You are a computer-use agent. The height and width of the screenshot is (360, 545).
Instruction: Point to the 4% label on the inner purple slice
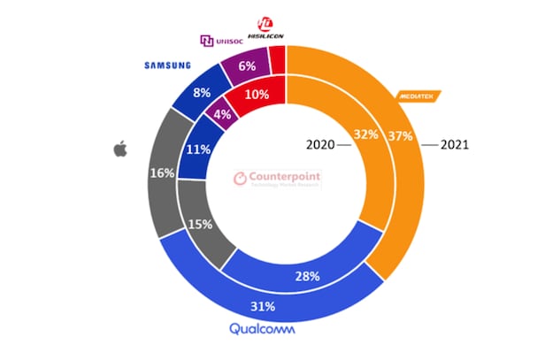[225, 115]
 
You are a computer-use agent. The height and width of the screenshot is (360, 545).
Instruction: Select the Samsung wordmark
[168, 65]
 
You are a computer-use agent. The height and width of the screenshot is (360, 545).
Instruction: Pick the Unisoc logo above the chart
[226, 40]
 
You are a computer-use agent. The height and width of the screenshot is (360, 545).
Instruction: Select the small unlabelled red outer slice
[278, 58]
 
